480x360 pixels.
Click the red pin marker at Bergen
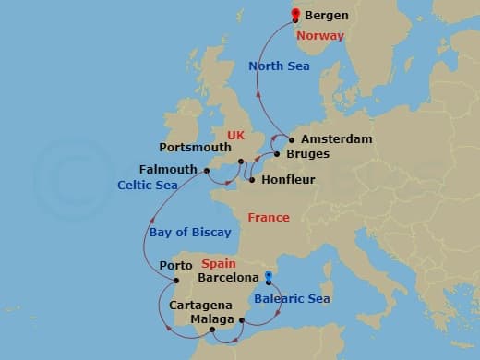tap(295, 15)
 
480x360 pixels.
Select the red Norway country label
tap(321, 36)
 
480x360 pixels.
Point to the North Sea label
tap(281, 66)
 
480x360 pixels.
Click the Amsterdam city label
tap(337, 139)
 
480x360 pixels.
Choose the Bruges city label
tap(307, 154)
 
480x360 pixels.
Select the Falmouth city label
tap(168, 170)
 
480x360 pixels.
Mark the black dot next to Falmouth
tap(203, 170)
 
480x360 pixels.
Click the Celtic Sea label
tap(148, 185)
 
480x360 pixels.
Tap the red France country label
tap(268, 218)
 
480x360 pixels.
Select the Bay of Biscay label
tap(190, 233)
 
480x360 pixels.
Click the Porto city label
tap(175, 266)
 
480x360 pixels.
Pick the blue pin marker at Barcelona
tap(268, 275)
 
